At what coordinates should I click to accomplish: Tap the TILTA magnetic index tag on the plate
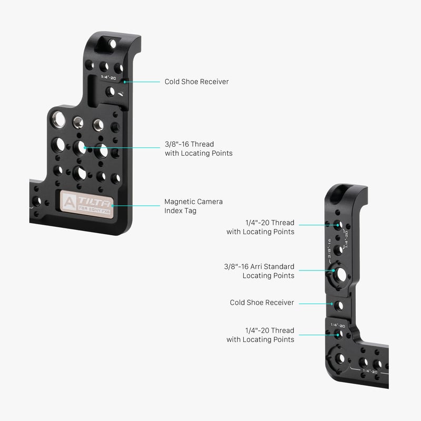pos(87,204)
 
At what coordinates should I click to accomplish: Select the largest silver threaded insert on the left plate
pos(58,119)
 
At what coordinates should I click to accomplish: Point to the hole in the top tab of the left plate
pos(112,44)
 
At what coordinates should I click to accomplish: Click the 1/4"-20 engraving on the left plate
pos(108,77)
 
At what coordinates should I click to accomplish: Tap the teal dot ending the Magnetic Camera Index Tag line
pos(113,206)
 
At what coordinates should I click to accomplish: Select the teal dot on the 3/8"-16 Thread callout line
pos(85,148)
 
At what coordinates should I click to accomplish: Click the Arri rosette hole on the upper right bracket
pos(340,275)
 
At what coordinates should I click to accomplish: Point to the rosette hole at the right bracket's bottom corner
pos(339,358)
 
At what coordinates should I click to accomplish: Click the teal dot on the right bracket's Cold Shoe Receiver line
pos(332,304)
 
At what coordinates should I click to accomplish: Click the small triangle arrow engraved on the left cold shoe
pos(121,94)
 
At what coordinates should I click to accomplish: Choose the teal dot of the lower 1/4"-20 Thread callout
pos(338,335)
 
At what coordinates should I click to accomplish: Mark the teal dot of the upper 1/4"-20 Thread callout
pos(338,225)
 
